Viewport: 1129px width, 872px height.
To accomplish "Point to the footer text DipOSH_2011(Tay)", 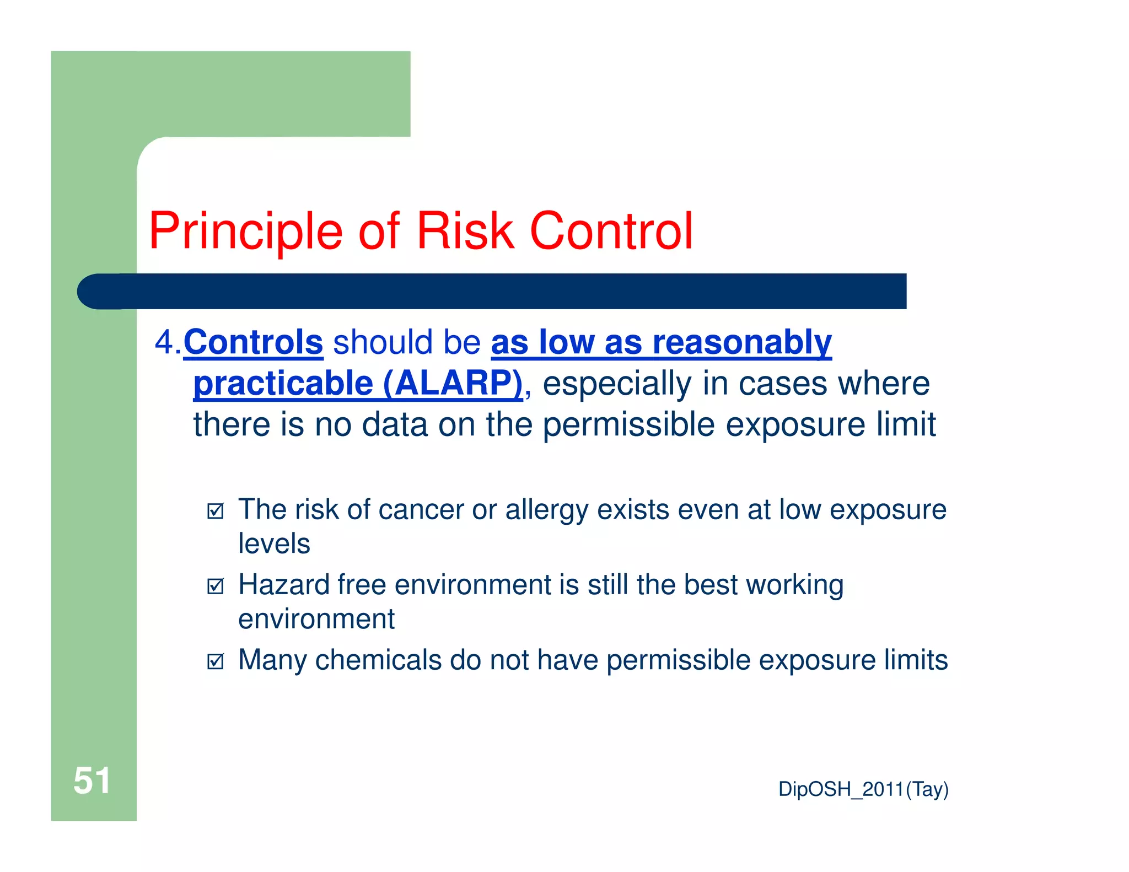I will coord(863,789).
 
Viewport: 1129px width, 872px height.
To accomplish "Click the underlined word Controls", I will coord(253,342).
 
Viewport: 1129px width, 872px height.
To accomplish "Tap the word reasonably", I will coord(742,342).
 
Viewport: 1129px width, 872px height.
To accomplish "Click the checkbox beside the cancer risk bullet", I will coord(216,511).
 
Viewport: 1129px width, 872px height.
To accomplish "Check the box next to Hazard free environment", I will coord(216,586).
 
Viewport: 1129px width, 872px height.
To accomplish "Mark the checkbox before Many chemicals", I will coord(216,661).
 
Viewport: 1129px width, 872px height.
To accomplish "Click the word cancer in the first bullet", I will coord(421,510).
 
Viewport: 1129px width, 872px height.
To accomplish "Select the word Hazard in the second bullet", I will coord(283,585).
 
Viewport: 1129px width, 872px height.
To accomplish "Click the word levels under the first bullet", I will coord(274,544).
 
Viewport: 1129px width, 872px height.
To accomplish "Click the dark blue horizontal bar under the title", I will coord(491,291).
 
